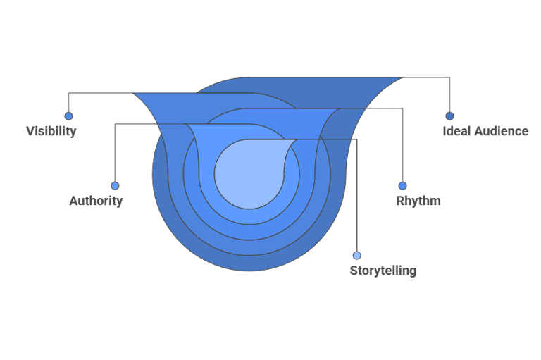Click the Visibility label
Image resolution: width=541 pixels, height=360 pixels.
click(51, 131)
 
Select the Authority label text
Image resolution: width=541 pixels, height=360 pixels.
click(96, 201)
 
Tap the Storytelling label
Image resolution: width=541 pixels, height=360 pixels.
click(383, 271)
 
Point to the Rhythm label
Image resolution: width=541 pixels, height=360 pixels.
click(418, 201)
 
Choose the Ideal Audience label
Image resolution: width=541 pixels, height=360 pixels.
click(485, 131)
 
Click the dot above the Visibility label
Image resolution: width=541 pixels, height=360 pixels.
click(68, 116)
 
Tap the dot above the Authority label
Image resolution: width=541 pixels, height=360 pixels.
click(115, 186)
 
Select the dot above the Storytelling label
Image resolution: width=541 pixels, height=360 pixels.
click(356, 255)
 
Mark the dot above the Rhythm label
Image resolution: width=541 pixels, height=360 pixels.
click(403, 186)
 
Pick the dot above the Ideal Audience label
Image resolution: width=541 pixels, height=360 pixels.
click(449, 116)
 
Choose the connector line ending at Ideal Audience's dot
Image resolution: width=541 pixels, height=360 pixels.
click(449, 95)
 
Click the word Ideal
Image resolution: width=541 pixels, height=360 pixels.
click(456, 131)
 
